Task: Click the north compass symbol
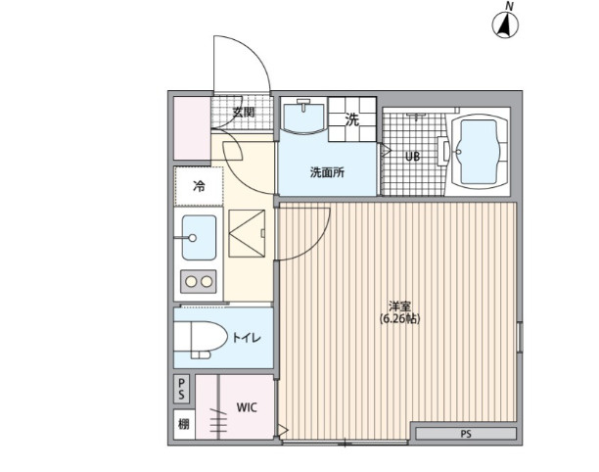coord(505,25)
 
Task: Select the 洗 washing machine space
coord(352,119)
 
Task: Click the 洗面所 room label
coord(327,172)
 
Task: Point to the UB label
coord(413,157)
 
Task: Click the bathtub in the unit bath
coord(479,152)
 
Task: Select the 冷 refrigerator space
coord(199,186)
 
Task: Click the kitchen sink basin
coord(199,238)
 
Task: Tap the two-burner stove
coord(199,282)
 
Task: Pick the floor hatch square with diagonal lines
coord(247,233)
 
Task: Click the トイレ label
coord(247,338)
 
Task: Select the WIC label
coord(247,407)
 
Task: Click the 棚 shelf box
coord(184,424)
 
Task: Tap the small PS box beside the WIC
coord(182,389)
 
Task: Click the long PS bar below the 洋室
coord(466,434)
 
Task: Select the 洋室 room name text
coord(399,307)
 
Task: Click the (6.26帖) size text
coord(399,318)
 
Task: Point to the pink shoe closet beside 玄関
coord(192,128)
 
